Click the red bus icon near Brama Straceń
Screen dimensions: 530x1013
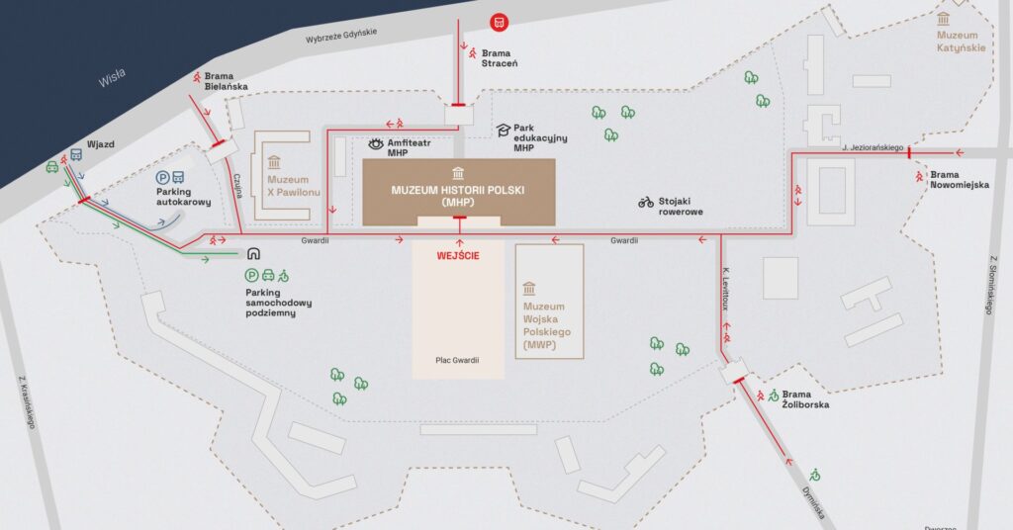500,21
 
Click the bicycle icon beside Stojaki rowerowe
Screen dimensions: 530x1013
646,202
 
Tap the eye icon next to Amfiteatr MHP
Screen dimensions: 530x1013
375,143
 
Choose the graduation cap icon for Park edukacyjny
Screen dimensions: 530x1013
503,130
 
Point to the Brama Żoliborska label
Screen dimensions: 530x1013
805,398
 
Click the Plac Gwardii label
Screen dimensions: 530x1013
457,360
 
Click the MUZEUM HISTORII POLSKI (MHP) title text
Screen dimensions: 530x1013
458,195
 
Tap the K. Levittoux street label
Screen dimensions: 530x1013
727,286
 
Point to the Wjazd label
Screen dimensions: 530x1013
101,144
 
